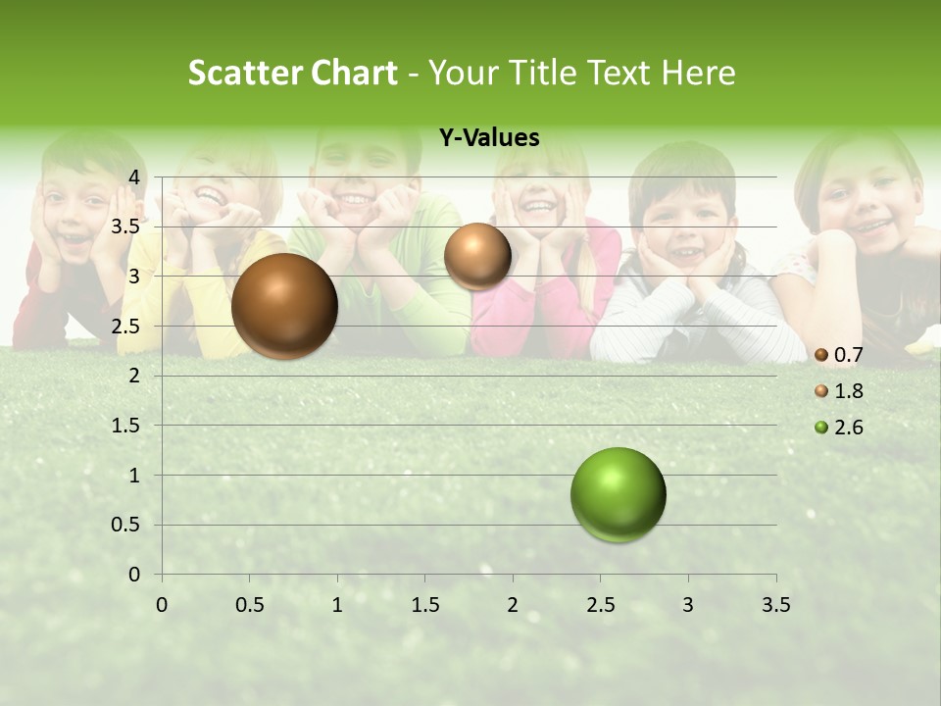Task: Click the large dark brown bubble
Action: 285,306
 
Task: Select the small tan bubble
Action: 477,256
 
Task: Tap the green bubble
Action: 618,494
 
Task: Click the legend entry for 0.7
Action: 839,355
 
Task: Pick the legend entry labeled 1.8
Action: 839,391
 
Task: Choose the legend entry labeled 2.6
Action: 839,427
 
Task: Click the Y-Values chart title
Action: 489,138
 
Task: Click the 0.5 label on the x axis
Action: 249,605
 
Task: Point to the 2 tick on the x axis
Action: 513,605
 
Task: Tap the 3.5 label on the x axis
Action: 775,605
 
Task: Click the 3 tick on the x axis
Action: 688,605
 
